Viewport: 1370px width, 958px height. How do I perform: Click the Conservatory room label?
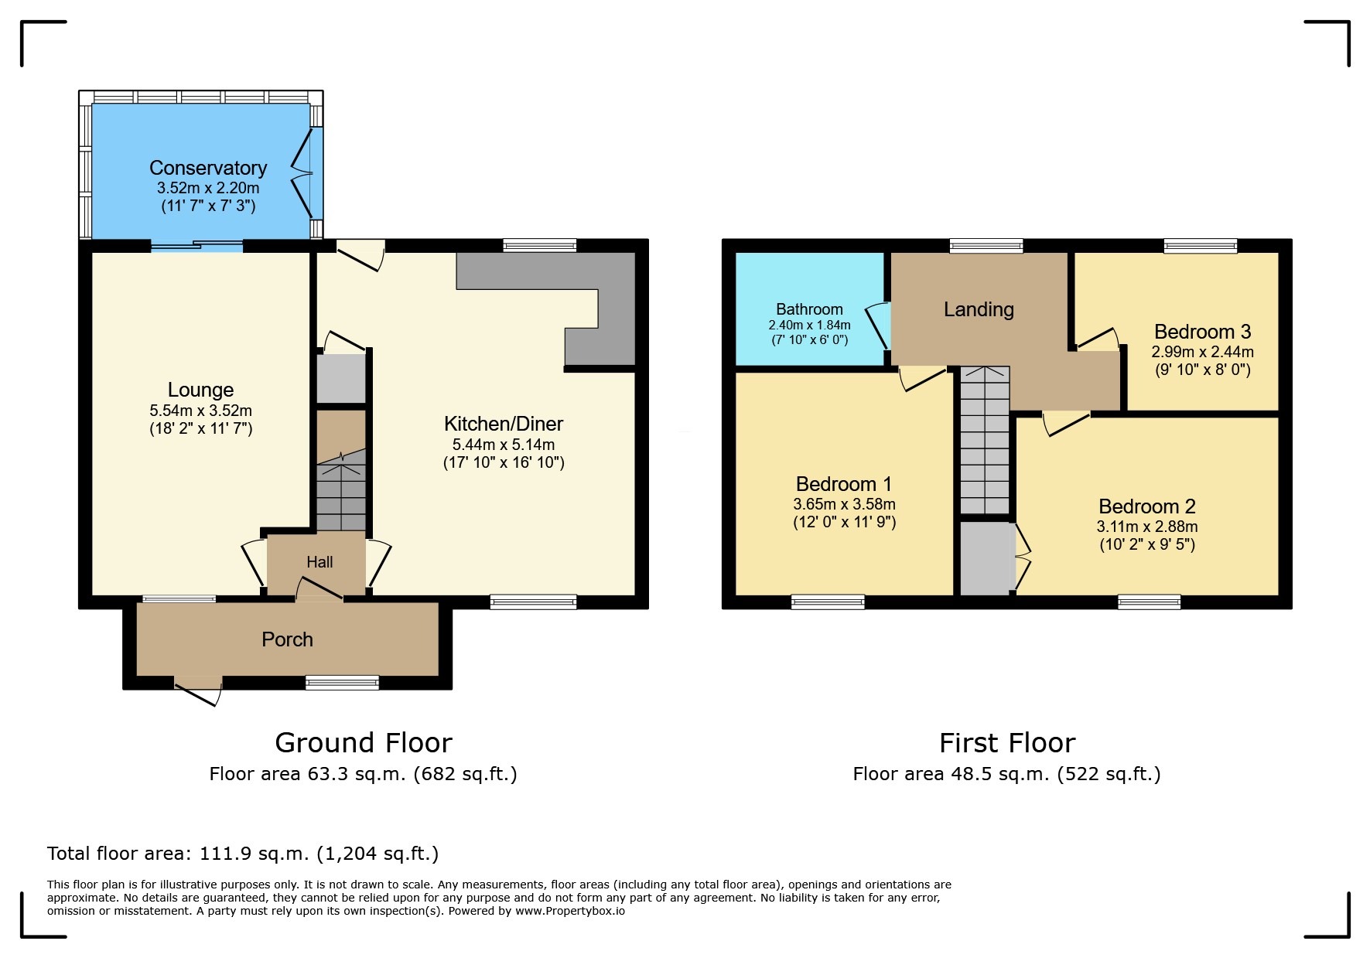207,168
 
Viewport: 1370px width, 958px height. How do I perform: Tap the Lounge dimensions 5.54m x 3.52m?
200,411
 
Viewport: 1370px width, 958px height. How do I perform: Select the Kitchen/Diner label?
503,424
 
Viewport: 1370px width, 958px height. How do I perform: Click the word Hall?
319,562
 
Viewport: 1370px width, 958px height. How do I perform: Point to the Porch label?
287,639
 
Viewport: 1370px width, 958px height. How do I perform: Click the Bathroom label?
809,309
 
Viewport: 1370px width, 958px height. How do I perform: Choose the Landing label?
979,309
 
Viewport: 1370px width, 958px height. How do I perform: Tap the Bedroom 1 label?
843,484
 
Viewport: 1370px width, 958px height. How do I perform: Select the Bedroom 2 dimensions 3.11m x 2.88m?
1146,527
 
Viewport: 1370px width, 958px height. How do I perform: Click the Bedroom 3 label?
1202,332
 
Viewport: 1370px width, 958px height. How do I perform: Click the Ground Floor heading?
363,743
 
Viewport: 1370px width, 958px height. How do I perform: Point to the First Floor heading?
1006,743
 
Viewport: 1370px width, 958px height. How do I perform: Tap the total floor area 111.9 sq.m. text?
242,854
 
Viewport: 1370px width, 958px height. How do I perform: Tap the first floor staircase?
985,441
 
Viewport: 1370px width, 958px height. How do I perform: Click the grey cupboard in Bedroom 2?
987,558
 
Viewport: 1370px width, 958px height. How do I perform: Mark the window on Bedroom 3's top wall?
1201,247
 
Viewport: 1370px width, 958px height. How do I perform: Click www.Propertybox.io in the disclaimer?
570,911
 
